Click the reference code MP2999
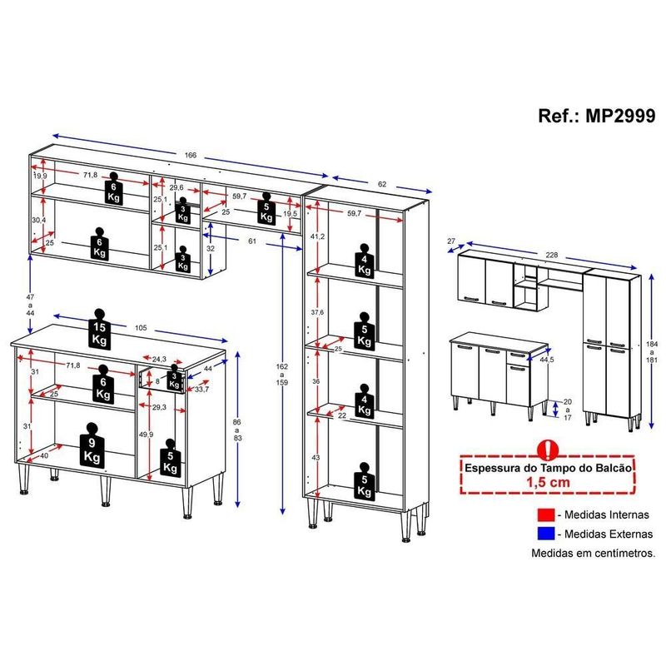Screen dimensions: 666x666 click(620, 116)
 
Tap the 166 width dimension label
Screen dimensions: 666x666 click(191, 156)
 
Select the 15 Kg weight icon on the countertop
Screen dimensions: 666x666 click(99, 329)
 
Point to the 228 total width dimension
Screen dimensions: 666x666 click(551, 255)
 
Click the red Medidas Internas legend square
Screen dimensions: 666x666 click(546, 514)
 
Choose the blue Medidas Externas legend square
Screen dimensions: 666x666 click(546, 534)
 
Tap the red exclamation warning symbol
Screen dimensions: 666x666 click(548, 450)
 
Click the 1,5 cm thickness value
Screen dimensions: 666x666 click(548, 483)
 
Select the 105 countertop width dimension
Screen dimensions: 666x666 click(141, 328)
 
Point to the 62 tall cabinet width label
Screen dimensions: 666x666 click(382, 184)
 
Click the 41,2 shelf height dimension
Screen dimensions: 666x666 click(318, 236)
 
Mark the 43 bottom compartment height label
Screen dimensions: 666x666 click(316, 458)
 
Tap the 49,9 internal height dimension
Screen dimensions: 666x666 click(147, 435)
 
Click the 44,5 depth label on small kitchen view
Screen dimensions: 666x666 click(547, 360)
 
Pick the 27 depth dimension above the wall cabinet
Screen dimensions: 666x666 click(451, 241)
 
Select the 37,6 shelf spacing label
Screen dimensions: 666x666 click(317, 312)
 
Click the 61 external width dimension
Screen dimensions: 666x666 click(252, 241)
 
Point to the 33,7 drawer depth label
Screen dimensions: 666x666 click(201, 390)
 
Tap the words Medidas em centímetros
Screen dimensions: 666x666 click(594, 553)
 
